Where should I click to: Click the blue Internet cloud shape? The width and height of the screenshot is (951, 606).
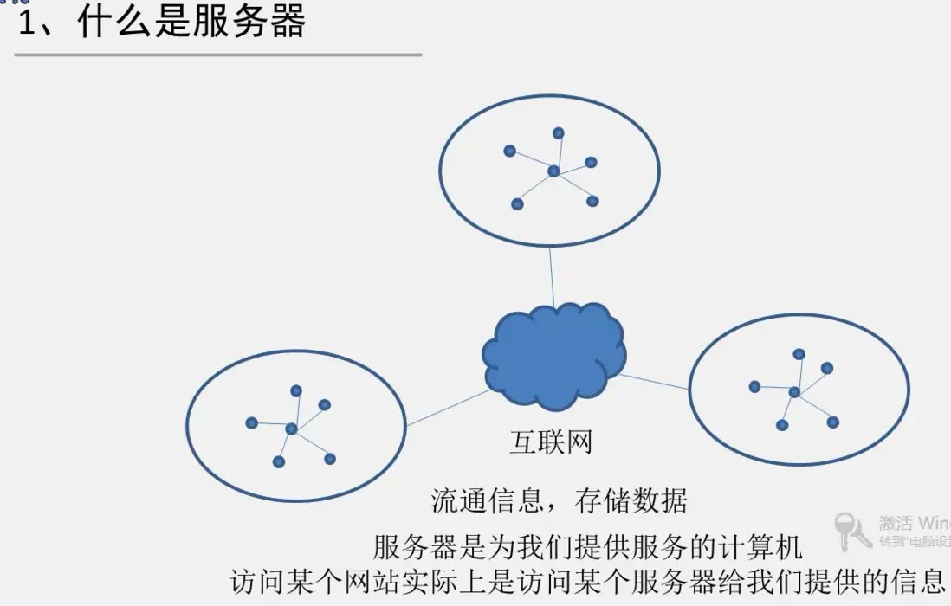pyautogui.click(x=553, y=356)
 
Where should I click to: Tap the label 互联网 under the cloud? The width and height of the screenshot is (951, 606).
pyautogui.click(x=551, y=442)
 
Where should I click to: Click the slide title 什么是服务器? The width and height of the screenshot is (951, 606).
pyautogui.click(x=191, y=23)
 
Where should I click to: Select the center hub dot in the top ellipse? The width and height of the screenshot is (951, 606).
pyautogui.click(x=553, y=171)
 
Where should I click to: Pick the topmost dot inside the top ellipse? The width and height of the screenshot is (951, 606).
pyautogui.click(x=559, y=133)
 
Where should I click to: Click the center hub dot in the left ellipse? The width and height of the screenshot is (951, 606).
pyautogui.click(x=291, y=429)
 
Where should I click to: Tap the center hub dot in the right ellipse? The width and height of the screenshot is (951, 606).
pyautogui.click(x=794, y=392)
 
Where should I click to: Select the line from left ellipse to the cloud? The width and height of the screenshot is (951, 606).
pyautogui.click(x=447, y=408)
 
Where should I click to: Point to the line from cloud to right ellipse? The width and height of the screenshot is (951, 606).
pyautogui.click(x=655, y=381)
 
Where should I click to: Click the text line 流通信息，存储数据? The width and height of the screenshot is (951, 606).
pyautogui.click(x=559, y=500)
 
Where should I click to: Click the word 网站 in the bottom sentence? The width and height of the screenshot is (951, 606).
pyautogui.click(x=355, y=580)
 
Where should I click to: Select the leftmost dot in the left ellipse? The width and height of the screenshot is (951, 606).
pyautogui.click(x=251, y=423)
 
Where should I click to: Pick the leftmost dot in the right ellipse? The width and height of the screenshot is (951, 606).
pyautogui.click(x=754, y=386)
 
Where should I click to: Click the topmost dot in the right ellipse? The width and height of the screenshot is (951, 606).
pyautogui.click(x=799, y=354)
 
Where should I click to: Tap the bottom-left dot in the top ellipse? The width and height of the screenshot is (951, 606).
pyautogui.click(x=517, y=204)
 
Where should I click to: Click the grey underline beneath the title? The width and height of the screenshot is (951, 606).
pyautogui.click(x=217, y=55)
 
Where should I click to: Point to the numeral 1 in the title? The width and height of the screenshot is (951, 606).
pyautogui.click(x=27, y=24)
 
